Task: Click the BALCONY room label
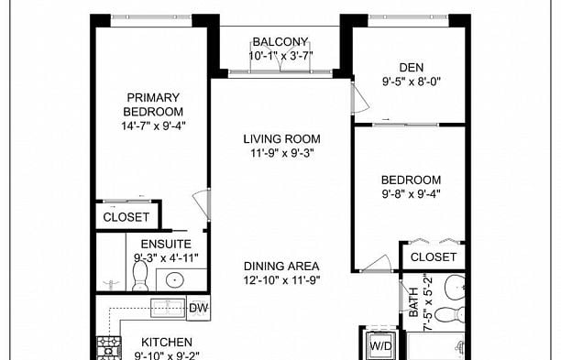click(x=281, y=41)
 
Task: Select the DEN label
click(x=410, y=66)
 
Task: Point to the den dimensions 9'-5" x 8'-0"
click(x=410, y=80)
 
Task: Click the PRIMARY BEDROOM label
click(x=153, y=104)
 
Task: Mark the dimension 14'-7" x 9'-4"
click(x=153, y=125)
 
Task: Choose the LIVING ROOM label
click(x=281, y=139)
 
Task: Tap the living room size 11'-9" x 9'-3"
click(x=281, y=153)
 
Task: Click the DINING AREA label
click(x=281, y=266)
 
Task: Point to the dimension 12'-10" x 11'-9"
click(x=281, y=280)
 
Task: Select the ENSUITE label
click(x=166, y=245)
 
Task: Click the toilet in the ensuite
click(x=139, y=278)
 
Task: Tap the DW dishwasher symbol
click(x=198, y=309)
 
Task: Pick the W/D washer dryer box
click(x=379, y=346)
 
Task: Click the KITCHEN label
click(x=166, y=343)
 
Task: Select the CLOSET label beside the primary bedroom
click(x=126, y=217)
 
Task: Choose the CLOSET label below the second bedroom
click(x=433, y=257)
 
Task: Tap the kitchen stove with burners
click(x=109, y=349)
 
